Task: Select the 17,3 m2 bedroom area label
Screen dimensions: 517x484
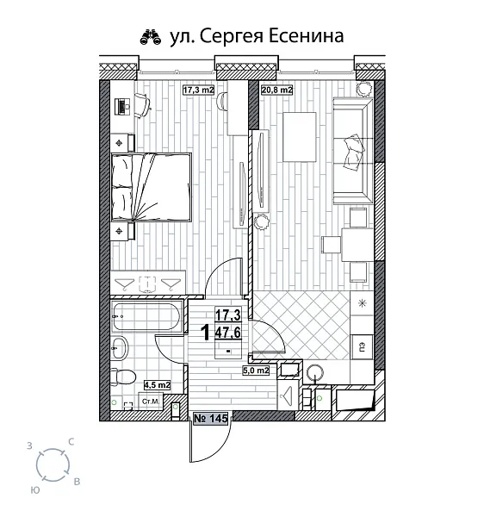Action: (x=200, y=89)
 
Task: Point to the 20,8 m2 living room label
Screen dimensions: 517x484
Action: (x=276, y=89)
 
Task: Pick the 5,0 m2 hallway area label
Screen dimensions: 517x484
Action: (x=256, y=371)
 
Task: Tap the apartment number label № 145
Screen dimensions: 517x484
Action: (x=211, y=418)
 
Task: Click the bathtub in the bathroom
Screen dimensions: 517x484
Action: (x=147, y=317)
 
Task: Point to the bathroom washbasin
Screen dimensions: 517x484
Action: (x=121, y=348)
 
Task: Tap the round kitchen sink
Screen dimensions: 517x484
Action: (x=316, y=373)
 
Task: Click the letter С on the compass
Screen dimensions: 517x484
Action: (x=71, y=441)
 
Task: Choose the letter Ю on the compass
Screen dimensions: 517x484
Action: (x=34, y=489)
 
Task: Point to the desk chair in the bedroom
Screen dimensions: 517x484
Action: (x=141, y=105)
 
